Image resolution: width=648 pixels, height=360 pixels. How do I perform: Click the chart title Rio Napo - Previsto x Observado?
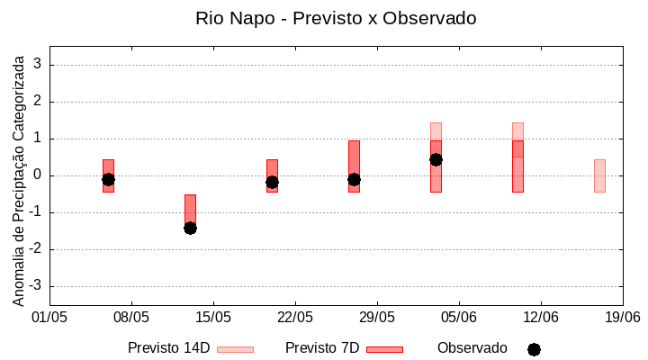tap(336, 18)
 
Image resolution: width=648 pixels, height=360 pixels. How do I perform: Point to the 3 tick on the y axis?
tap(38, 65)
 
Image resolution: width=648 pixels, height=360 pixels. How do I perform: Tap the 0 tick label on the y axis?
tap(38, 175)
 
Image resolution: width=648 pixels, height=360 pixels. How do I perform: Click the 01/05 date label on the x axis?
tap(49, 318)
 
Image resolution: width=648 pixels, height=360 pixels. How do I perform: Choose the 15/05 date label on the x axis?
tap(213, 318)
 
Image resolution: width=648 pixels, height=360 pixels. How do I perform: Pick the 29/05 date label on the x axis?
tap(377, 318)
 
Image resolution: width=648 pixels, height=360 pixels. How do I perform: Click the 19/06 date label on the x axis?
tap(622, 318)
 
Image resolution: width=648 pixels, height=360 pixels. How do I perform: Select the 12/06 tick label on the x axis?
tap(540, 318)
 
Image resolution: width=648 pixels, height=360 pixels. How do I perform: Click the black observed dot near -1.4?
tap(190, 228)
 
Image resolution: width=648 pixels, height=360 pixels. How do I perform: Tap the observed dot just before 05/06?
tap(436, 159)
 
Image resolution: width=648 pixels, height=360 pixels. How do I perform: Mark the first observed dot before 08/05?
tap(108, 179)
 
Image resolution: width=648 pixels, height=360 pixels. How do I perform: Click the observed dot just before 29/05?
tap(354, 179)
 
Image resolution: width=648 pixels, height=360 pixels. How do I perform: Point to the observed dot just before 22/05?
tap(272, 182)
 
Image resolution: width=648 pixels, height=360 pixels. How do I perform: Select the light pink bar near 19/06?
tap(599, 175)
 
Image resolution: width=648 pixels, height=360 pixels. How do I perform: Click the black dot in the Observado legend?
tap(534, 349)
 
